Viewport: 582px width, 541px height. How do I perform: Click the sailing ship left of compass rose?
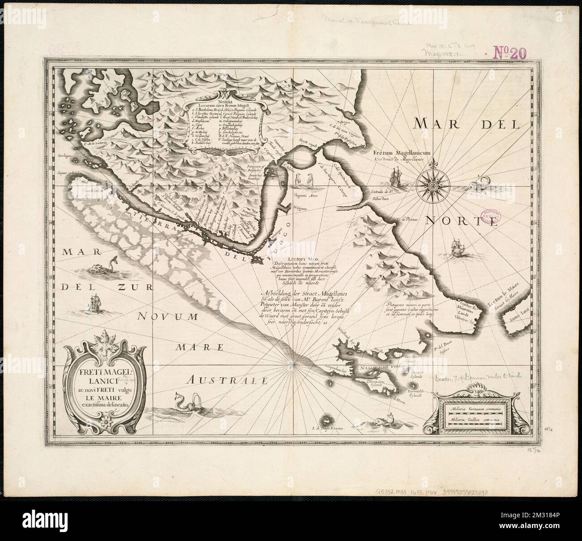click(x=397, y=177)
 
